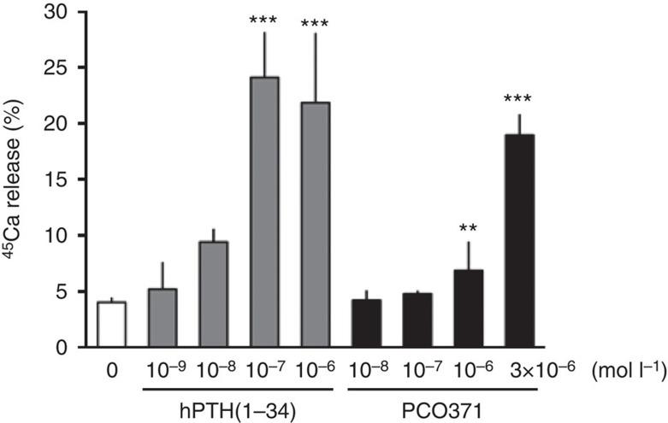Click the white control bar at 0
click(112, 325)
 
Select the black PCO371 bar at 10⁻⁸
click(366, 324)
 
